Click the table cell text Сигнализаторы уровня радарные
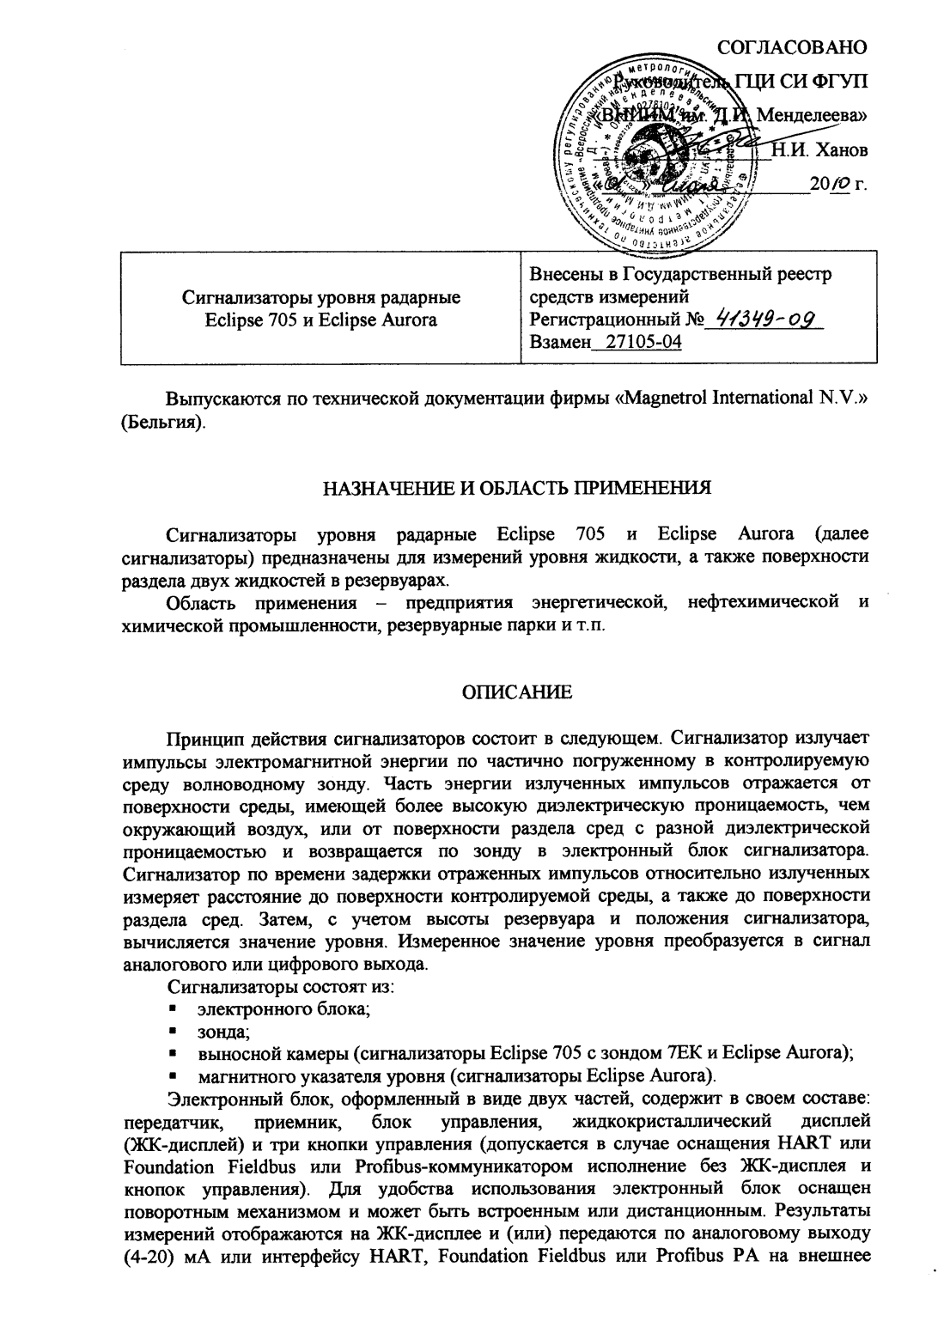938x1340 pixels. tap(321, 297)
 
